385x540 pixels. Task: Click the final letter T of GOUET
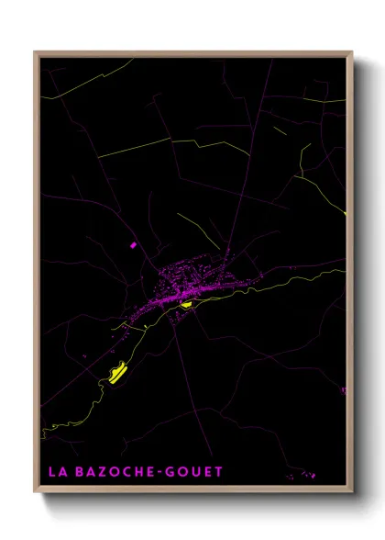218,472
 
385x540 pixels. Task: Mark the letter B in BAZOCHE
74,472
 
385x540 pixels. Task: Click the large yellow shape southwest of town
117,372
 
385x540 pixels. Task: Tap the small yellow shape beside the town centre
186,304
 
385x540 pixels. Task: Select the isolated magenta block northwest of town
134,245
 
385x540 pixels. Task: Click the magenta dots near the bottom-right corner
305,476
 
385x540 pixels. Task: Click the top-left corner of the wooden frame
36,52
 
